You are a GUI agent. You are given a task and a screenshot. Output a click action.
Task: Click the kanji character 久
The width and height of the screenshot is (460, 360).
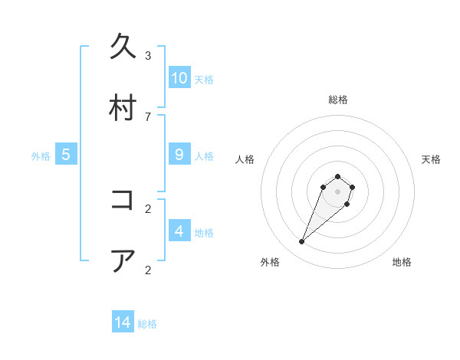pyautogui.click(x=123, y=47)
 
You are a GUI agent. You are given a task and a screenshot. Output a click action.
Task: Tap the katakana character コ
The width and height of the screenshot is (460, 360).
pyautogui.click(x=123, y=200)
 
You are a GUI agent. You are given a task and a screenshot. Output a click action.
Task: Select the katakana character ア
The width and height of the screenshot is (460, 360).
pyautogui.click(x=123, y=260)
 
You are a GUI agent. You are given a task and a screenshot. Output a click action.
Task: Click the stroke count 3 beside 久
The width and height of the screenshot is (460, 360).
pyautogui.click(x=148, y=56)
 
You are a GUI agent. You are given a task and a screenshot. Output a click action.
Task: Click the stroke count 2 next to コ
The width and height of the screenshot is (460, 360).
pyautogui.click(x=148, y=208)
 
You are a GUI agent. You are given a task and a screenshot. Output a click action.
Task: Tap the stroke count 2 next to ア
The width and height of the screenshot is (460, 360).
pyautogui.click(x=148, y=270)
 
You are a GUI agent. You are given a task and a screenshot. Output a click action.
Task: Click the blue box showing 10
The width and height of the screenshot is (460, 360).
pyautogui.click(x=179, y=78)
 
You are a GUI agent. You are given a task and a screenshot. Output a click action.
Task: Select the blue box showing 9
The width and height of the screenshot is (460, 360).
pyautogui.click(x=179, y=155)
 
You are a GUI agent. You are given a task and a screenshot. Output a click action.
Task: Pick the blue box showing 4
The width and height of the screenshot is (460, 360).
pyautogui.click(x=179, y=231)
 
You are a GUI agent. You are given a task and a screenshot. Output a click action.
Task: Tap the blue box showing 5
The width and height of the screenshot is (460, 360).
pyautogui.click(x=66, y=155)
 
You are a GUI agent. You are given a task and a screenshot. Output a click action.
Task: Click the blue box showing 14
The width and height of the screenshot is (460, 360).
pyautogui.click(x=123, y=322)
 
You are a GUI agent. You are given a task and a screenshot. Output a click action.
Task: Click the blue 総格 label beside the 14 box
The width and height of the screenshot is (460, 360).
pyautogui.click(x=147, y=324)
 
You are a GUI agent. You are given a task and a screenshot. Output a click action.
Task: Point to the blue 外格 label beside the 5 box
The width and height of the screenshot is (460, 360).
pyautogui.click(x=41, y=156)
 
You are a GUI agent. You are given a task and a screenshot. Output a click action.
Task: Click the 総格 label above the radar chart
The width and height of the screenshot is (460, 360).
pyautogui.click(x=338, y=100)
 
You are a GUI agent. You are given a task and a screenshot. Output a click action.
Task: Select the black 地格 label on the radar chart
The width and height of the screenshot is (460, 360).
pyautogui.click(x=402, y=263)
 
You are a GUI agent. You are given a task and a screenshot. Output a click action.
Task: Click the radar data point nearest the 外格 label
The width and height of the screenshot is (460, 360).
pyautogui.click(x=302, y=242)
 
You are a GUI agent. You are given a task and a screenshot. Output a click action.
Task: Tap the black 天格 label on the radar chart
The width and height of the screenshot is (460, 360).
pyautogui.click(x=432, y=159)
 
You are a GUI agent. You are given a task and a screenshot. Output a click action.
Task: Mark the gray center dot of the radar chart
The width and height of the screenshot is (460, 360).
pyautogui.click(x=337, y=191)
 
